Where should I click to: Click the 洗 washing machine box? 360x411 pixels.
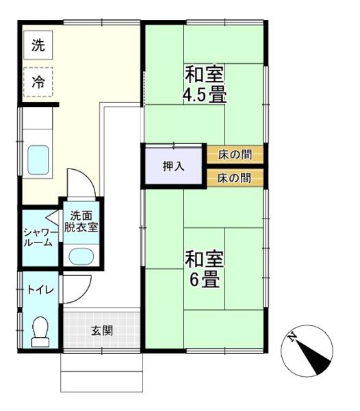pos(38,45)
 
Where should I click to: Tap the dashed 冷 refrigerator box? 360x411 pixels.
pos(38,82)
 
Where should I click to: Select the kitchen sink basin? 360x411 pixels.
pos(38,160)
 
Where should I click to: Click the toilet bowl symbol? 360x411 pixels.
pos(40,332)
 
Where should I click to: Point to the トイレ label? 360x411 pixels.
pos(40,290)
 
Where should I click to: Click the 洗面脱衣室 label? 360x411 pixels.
pos(81,222)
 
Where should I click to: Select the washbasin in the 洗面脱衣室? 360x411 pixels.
pos(81,256)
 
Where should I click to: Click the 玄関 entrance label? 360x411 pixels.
pos(102,331)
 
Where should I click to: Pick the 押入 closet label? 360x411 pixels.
pos(174,166)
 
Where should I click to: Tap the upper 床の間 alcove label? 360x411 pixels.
pos(235,154)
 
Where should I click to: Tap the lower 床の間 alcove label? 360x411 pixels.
pos(234,178)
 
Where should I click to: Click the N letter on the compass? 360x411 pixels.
pos(292,337)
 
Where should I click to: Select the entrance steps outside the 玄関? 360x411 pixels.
pos(101,373)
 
